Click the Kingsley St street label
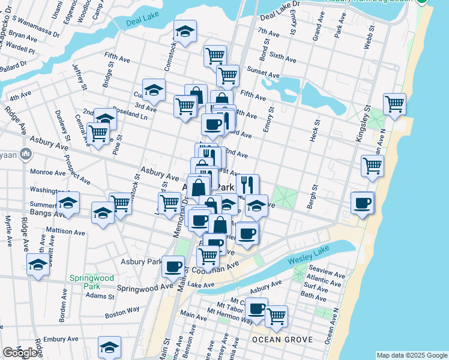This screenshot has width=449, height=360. coord(361,124)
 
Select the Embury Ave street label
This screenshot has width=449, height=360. coord(58,340)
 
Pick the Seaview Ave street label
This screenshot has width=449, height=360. coord(325,275)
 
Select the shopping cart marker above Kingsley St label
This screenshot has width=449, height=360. coord(394,104)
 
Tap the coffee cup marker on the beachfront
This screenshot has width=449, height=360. coord(362,203)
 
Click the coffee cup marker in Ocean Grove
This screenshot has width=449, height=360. coord(256,309)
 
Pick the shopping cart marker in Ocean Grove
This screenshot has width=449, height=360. coord(276,315)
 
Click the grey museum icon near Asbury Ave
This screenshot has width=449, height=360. coord(25,154)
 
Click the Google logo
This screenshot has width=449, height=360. coord(20,352)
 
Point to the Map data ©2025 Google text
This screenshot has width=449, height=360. coord(412,355)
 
